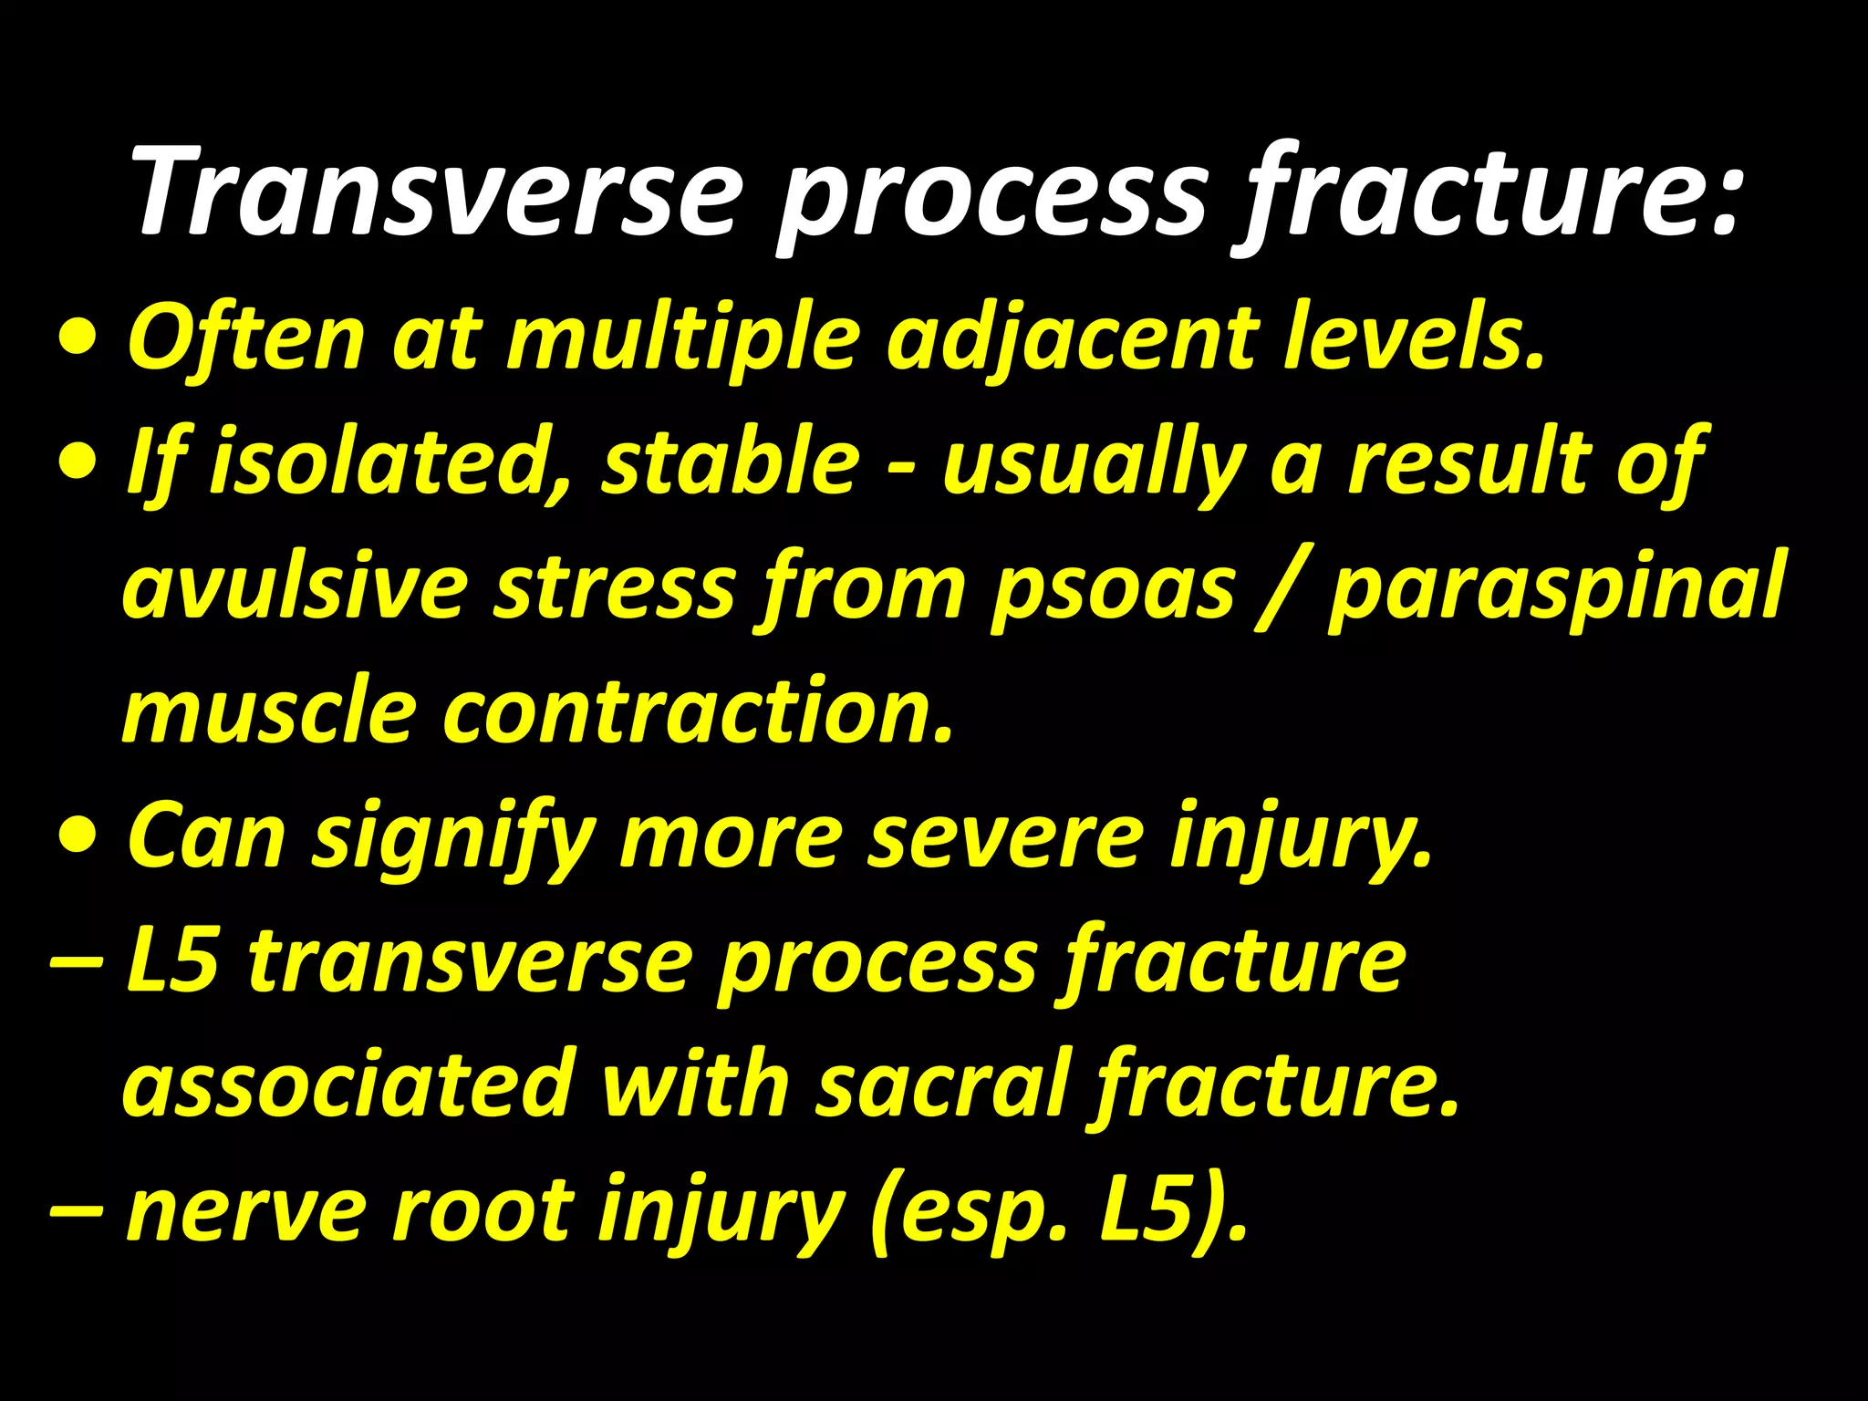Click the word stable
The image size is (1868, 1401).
pyautogui.click(x=730, y=462)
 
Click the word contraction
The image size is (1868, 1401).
pyautogui.click(x=698, y=711)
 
